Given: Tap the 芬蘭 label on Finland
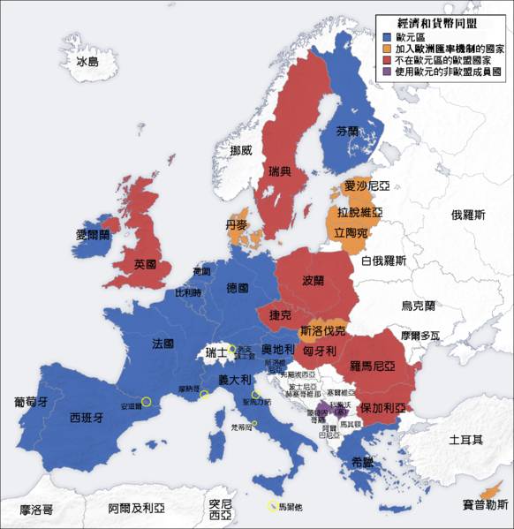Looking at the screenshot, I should click(x=348, y=131).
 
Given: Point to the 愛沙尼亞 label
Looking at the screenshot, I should click(x=367, y=186).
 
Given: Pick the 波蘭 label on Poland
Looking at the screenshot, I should click(x=314, y=281).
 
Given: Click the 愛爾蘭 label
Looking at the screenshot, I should click(x=94, y=235).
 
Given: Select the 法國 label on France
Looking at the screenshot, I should click(x=163, y=343).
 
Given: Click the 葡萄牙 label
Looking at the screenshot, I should click(x=30, y=401).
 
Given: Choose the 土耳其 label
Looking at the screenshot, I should click(x=465, y=439).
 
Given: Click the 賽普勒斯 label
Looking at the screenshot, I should click(x=486, y=504).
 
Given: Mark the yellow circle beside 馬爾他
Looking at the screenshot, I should click(x=270, y=507).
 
